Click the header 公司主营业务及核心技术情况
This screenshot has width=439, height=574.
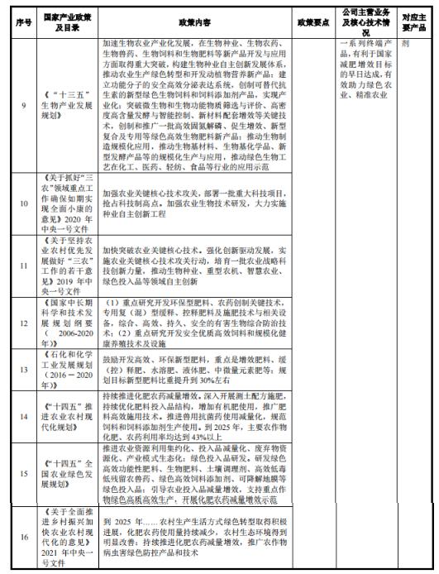click(365, 17)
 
